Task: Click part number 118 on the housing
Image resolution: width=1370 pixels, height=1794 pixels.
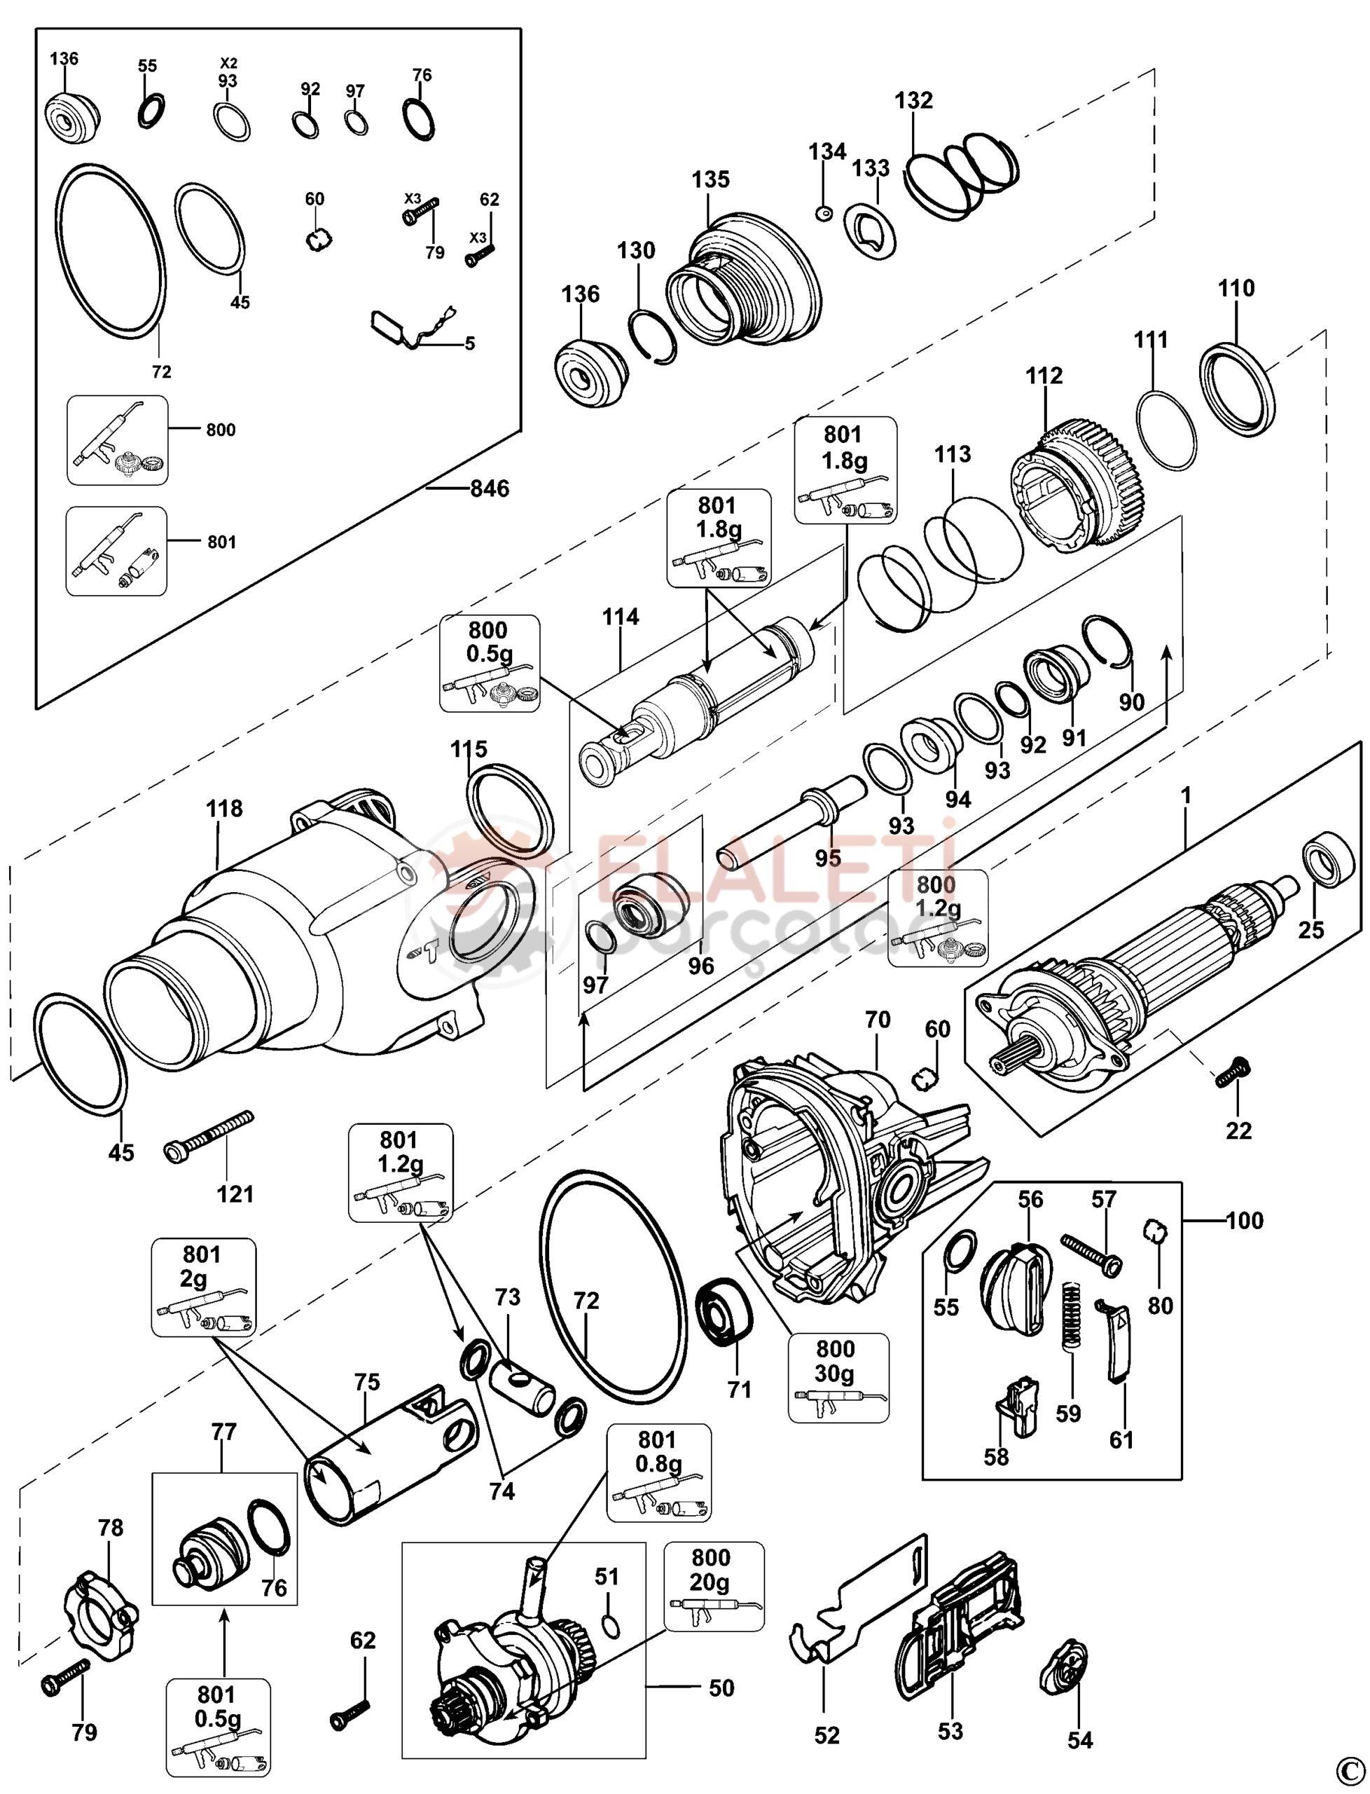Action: point(224,809)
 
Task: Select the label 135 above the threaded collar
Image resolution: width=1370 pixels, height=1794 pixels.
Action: point(711,179)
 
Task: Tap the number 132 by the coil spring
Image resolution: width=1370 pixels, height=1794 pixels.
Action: point(913,100)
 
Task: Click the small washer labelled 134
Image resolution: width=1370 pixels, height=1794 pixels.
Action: point(823,213)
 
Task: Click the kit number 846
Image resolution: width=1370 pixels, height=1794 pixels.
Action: point(490,488)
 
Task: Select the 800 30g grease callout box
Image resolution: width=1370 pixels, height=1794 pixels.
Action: point(838,1378)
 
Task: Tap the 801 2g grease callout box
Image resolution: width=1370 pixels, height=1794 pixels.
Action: point(204,1287)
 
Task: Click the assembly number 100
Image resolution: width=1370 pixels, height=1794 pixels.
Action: point(1245,1221)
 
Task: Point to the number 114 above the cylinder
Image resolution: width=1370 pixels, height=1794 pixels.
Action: point(621,617)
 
